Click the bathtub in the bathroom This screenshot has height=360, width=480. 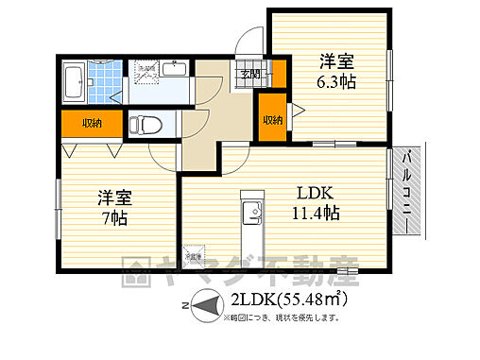[x=73, y=83]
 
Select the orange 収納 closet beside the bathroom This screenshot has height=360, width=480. [x=92, y=123]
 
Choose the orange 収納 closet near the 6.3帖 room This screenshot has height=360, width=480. [x=272, y=120]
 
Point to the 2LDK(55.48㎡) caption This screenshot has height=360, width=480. [x=284, y=301]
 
